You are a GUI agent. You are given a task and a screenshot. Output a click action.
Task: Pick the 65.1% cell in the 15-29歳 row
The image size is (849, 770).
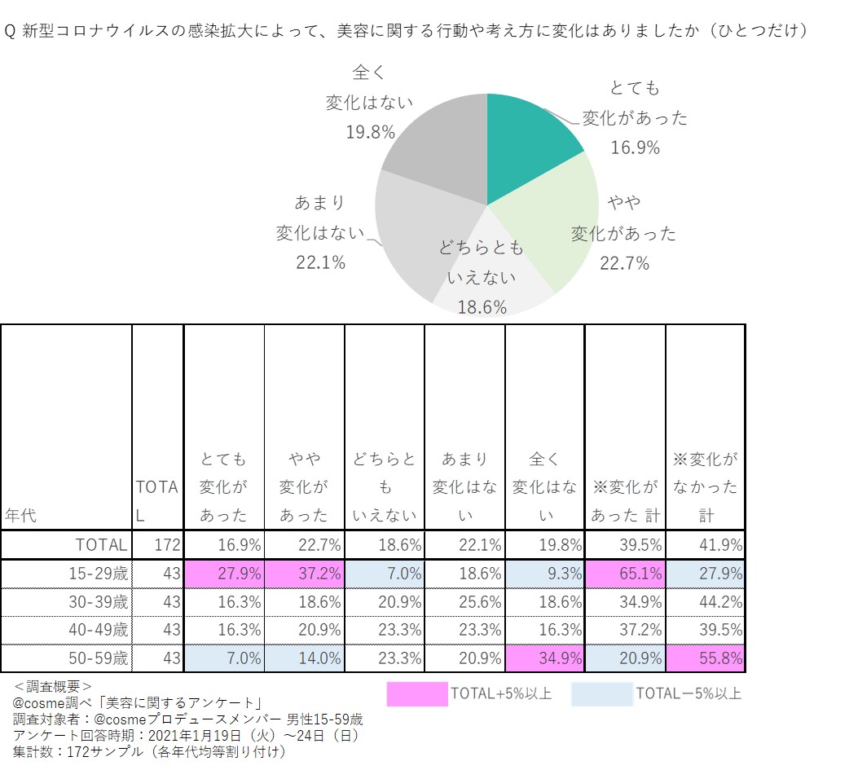pos(626,573)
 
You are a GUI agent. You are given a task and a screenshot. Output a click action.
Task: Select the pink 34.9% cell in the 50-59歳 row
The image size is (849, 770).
pos(545,658)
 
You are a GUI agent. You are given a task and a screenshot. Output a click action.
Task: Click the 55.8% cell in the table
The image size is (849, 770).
pos(706,658)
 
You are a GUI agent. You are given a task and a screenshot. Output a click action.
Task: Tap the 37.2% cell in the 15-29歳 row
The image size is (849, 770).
pos(305,573)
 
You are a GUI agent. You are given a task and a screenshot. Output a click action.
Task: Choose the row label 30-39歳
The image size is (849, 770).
pos(99,601)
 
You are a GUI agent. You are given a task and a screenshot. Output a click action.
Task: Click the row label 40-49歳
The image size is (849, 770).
pos(99,630)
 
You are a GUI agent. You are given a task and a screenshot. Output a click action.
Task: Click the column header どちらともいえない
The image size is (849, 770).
pos(385,486)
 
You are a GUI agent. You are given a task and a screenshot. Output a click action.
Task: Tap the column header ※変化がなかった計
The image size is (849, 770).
pos(705,486)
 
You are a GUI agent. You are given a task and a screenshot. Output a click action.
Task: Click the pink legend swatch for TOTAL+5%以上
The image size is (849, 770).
pos(417,694)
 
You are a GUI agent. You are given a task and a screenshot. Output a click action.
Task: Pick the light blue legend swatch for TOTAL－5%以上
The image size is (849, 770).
pos(601,694)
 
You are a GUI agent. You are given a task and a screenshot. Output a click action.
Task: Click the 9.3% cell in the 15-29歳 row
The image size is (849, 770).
pos(545,573)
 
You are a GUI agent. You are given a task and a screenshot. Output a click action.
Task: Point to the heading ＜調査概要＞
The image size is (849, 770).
pos(54,686)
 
